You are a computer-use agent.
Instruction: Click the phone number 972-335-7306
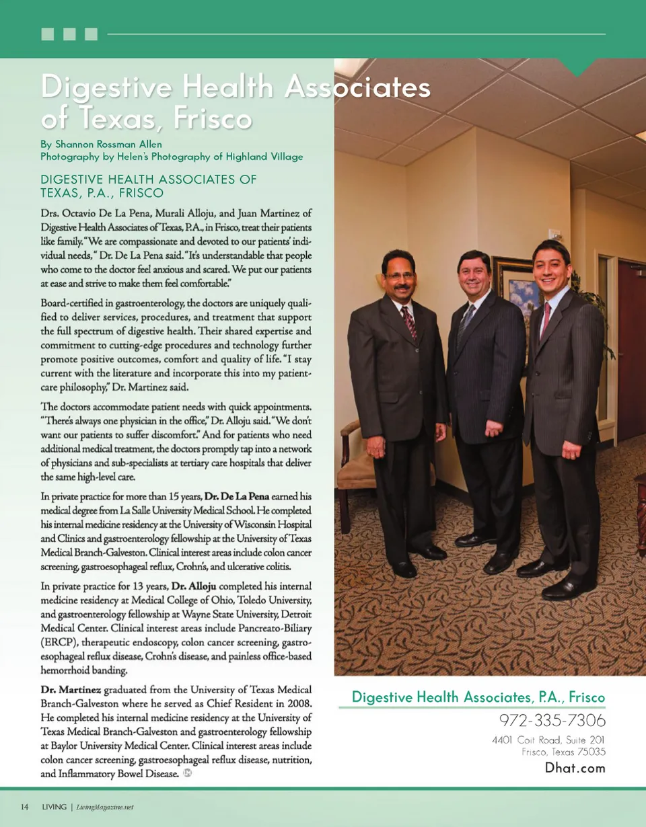coord(552,721)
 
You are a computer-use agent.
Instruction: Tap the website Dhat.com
coord(575,768)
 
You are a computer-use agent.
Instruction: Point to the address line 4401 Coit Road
coord(548,740)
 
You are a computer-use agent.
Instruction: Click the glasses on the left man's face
coord(398,276)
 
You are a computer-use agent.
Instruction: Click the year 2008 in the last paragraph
coord(299,703)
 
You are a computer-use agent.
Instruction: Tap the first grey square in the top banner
coord(47,34)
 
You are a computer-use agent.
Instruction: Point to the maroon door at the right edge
coord(632,350)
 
